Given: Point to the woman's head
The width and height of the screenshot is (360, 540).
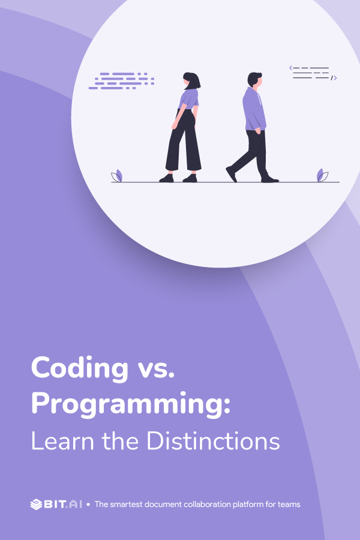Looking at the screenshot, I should tap(191, 80).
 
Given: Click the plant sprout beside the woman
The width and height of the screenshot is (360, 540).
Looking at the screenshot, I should tap(117, 176).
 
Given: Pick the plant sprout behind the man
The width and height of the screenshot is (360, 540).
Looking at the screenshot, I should tap(322, 175).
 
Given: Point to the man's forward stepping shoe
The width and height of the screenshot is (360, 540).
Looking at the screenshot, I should tap(231, 174).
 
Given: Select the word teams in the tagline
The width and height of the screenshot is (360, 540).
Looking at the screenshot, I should tap(288, 505).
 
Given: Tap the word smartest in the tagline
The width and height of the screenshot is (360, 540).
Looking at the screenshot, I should tap(128, 505).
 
